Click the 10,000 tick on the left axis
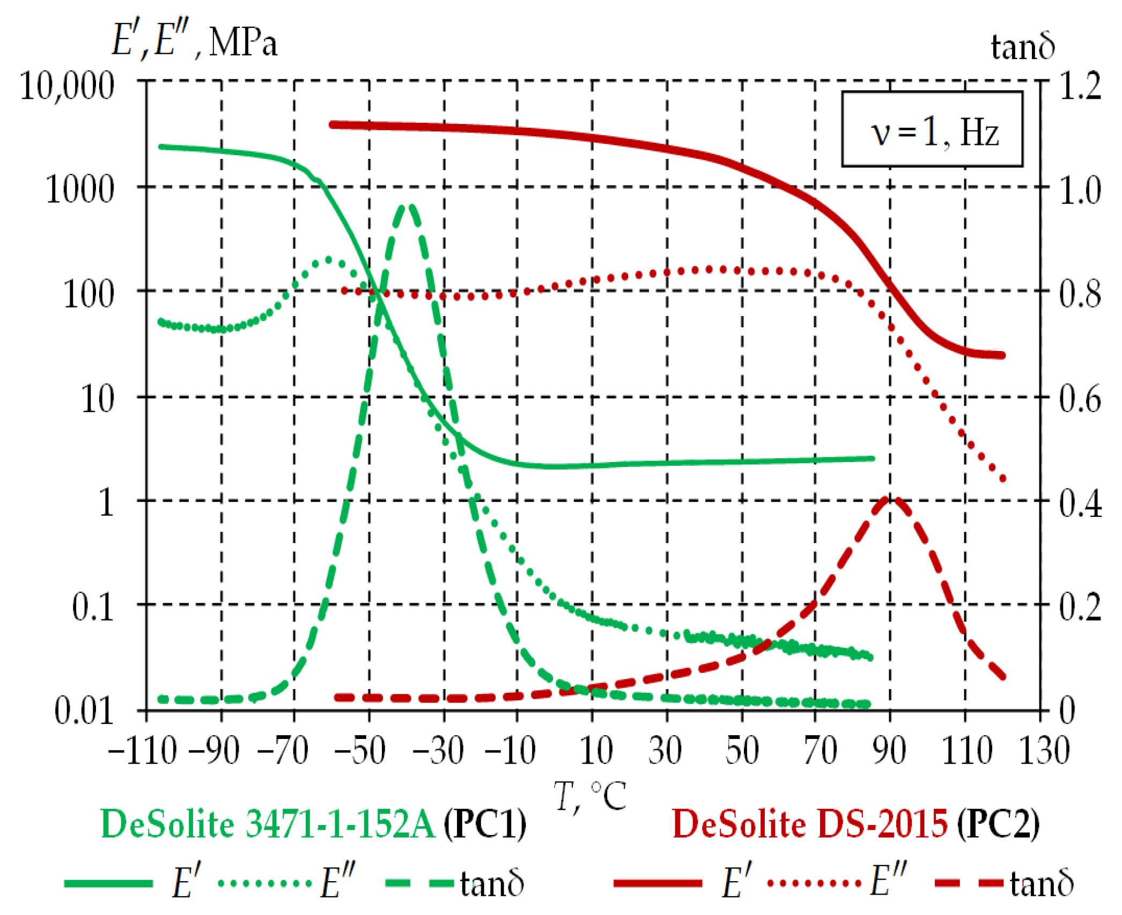click(x=67, y=86)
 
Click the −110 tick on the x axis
click(x=143, y=750)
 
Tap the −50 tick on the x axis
click(x=360, y=750)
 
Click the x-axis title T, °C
click(x=590, y=796)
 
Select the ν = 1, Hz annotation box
click(x=932, y=129)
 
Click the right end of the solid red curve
click(x=1002, y=355)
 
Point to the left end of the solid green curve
click(x=161, y=147)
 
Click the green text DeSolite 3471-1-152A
click(x=268, y=824)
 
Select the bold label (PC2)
click(x=998, y=824)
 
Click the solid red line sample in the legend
click(x=658, y=883)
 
